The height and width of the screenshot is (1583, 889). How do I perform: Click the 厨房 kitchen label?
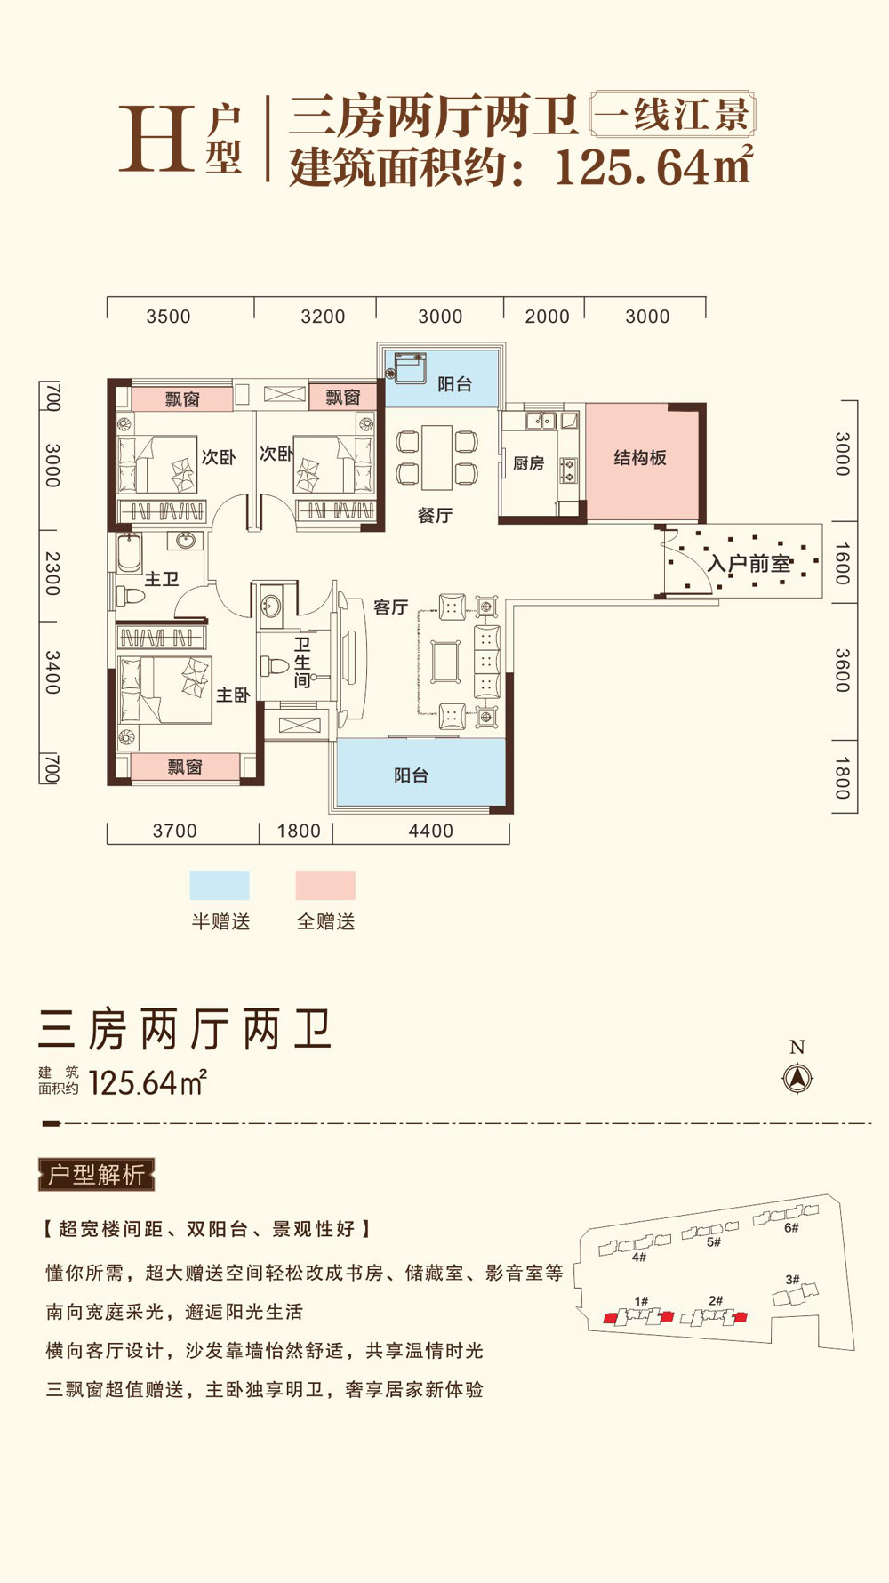[x=528, y=463]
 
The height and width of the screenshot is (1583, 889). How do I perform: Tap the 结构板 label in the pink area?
[x=640, y=458]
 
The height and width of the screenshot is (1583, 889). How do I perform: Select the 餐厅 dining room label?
[x=435, y=515]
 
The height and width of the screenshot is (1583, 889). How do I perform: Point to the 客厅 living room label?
[x=390, y=607]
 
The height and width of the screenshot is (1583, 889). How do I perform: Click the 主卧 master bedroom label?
[x=233, y=695]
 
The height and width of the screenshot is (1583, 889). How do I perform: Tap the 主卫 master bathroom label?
[x=162, y=579]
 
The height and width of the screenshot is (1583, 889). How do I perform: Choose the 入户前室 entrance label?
[x=749, y=564]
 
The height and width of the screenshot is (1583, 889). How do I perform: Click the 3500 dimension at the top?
[x=168, y=317]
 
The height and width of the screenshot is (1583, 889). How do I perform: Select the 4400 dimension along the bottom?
[x=430, y=831]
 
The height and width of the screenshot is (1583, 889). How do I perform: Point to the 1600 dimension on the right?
[x=843, y=563]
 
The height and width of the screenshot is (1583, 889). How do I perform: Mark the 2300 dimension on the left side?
[x=52, y=574]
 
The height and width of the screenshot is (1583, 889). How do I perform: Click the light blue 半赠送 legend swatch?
[x=220, y=886]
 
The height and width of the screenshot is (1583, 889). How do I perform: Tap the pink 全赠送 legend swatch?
[x=325, y=886]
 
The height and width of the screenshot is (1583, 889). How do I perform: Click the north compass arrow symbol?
[x=797, y=1078]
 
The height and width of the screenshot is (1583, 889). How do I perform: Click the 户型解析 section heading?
[x=96, y=1175]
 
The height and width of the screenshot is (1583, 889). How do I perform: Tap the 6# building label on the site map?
[x=791, y=1227]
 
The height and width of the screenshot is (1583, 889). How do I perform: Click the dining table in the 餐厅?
[x=436, y=457]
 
